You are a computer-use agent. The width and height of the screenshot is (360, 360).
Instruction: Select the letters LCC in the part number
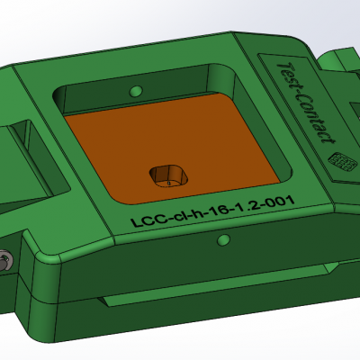145,219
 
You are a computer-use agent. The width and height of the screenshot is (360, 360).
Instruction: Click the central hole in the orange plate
167,173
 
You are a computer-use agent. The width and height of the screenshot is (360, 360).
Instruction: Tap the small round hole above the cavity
136,91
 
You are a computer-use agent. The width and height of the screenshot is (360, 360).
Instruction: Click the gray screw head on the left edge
6,260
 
